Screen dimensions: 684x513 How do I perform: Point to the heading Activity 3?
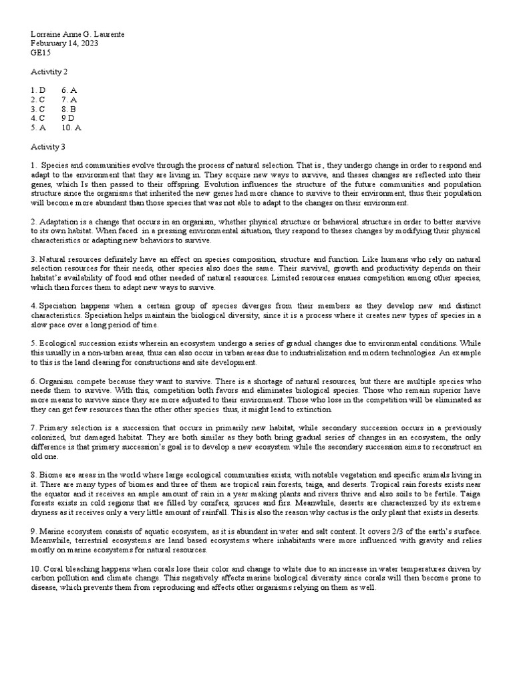tap(48, 146)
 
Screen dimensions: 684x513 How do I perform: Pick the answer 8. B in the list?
tap(69, 109)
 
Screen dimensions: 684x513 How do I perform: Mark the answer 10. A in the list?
tap(71, 128)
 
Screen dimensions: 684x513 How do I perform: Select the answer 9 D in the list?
tap(69, 118)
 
